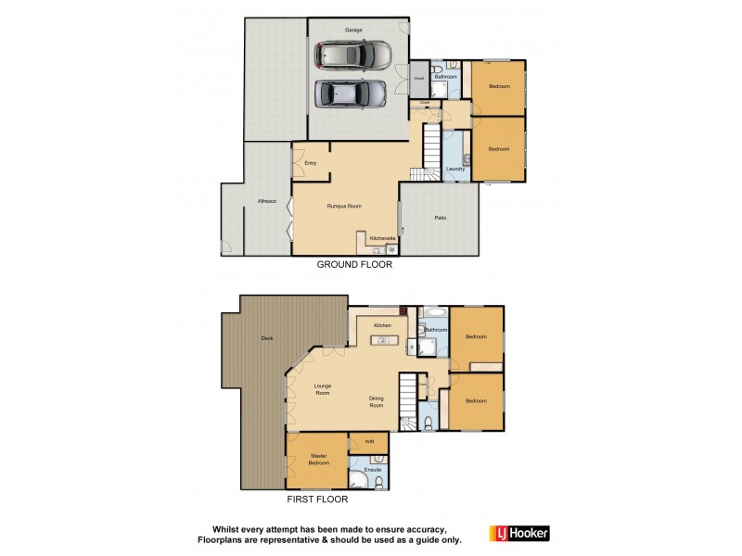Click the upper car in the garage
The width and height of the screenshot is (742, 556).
click(x=352, y=57)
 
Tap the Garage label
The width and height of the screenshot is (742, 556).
click(x=353, y=30)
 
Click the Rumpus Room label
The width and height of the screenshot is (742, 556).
click(x=343, y=206)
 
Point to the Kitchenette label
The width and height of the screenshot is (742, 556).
click(x=383, y=238)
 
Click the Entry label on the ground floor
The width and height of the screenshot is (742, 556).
click(x=310, y=163)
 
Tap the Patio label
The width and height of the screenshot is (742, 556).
click(x=441, y=218)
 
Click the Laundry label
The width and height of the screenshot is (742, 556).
click(x=454, y=169)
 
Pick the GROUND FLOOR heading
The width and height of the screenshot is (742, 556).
click(x=354, y=264)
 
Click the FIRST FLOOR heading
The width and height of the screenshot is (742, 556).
click(x=318, y=499)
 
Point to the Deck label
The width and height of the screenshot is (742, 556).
click(x=267, y=339)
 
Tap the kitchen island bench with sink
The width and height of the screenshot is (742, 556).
click(x=384, y=341)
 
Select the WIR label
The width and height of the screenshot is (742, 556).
click(x=369, y=442)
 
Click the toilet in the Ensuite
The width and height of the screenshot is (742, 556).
click(x=379, y=482)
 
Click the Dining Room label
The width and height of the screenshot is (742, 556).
click(x=377, y=401)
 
